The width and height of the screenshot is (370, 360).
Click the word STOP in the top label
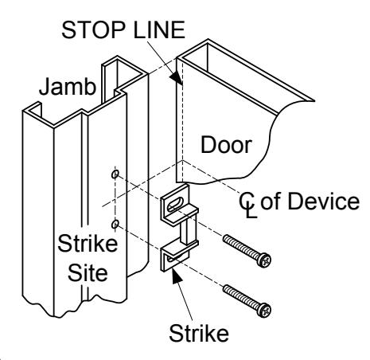tap(94, 29)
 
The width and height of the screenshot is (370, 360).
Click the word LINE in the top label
tap(159, 29)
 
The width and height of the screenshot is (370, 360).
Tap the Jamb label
tap(68, 87)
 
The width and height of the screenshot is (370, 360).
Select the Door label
tap(226, 144)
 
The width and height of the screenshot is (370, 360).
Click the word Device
tap(324, 202)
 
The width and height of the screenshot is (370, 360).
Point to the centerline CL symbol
tap(247, 205)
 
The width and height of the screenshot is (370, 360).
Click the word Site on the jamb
tap(88, 272)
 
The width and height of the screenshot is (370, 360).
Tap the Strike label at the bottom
tap(199, 334)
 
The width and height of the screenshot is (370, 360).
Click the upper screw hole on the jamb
tap(115, 174)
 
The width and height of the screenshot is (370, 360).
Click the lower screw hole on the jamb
tap(115, 225)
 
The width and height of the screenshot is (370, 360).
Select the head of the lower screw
tap(264, 310)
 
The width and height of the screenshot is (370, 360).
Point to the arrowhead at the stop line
tap(176, 78)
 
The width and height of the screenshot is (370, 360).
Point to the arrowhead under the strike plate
tap(177, 276)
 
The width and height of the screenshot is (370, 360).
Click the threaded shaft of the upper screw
tap(241, 247)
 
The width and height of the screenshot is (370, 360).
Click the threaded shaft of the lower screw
tap(241, 296)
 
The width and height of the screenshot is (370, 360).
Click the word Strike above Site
tap(88, 244)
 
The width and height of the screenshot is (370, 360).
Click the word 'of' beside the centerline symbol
tap(271, 202)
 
